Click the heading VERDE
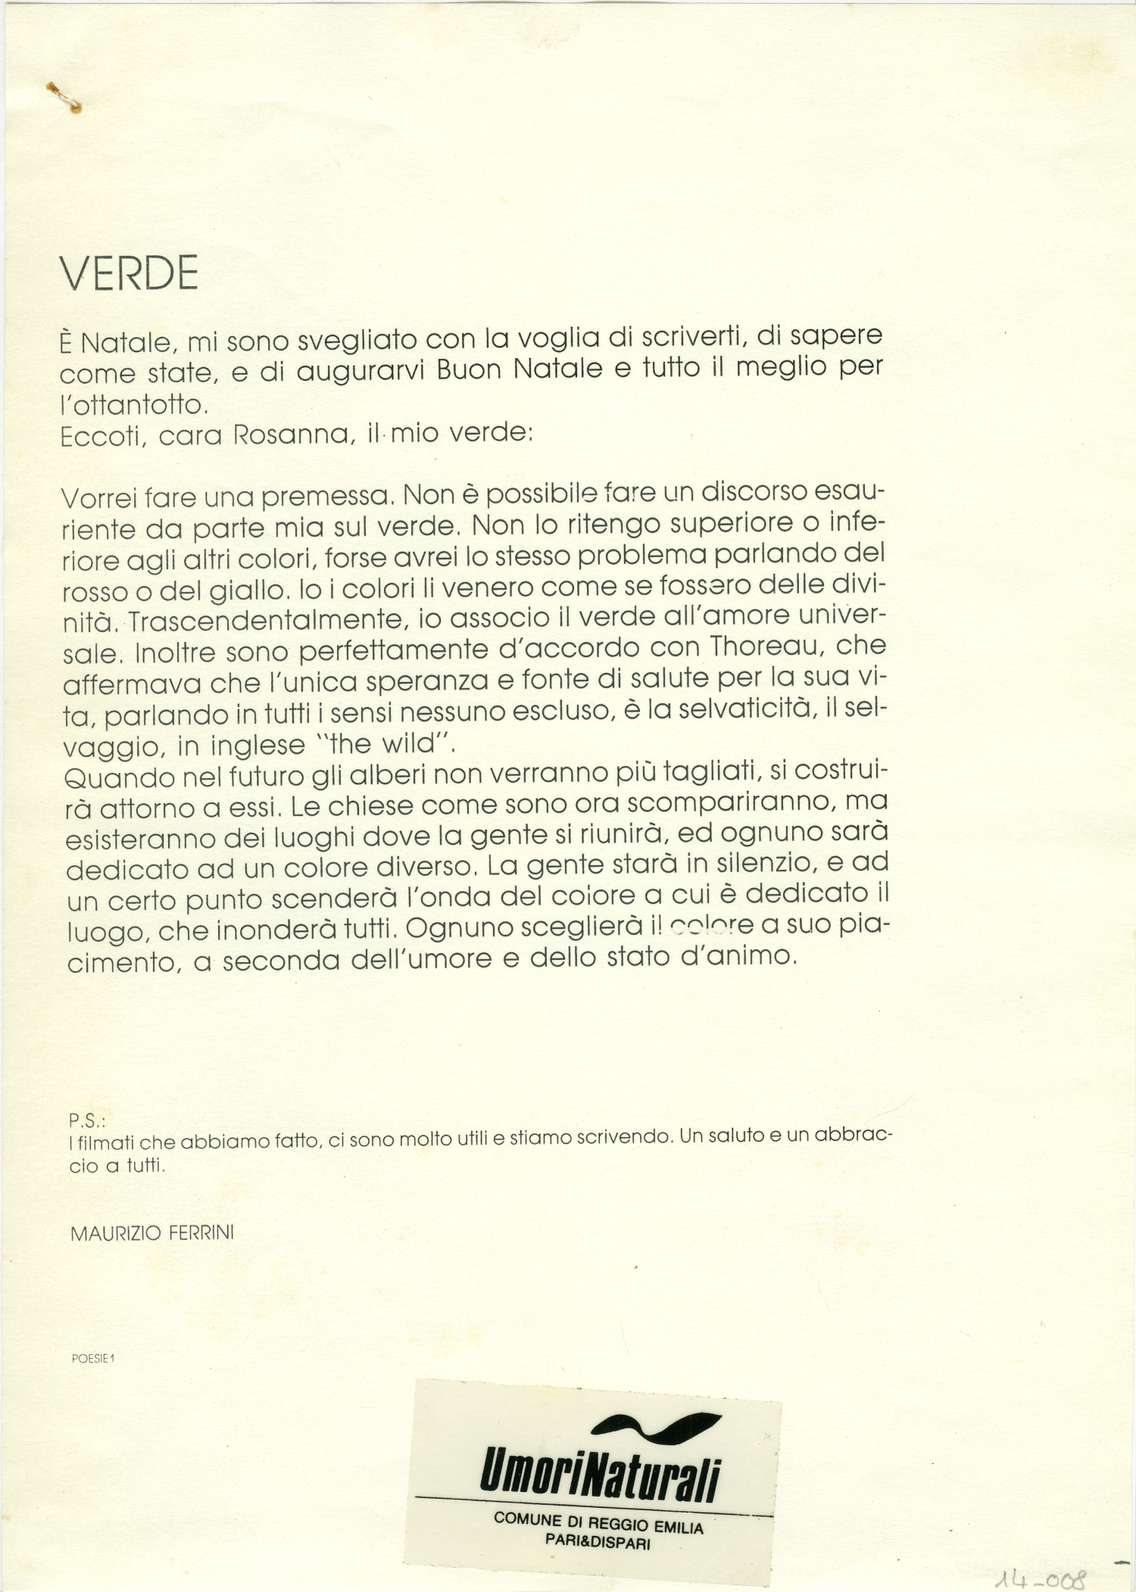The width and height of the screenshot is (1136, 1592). (129, 273)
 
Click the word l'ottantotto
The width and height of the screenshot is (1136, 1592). (133, 405)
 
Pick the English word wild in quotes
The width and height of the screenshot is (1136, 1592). (410, 744)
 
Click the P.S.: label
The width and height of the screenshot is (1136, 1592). (86, 1120)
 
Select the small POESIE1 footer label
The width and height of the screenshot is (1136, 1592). (92, 1358)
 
